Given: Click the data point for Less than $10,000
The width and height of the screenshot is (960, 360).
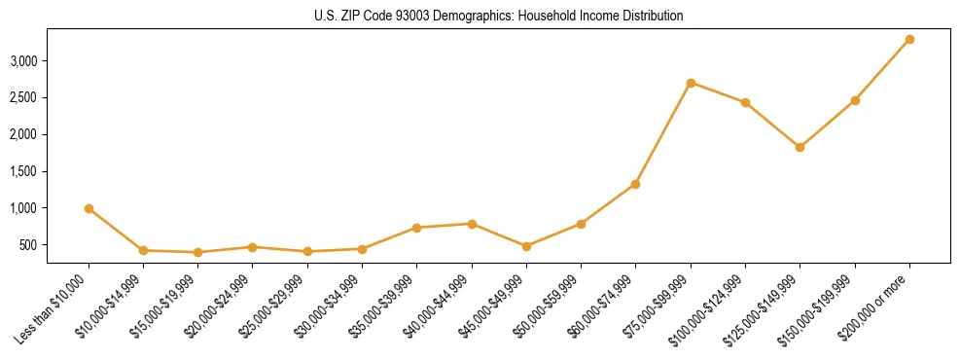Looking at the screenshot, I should click(x=89, y=208).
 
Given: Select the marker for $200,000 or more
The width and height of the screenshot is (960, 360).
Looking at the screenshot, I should click(x=909, y=39).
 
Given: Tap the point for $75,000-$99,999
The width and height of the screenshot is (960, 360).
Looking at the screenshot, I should click(x=691, y=83).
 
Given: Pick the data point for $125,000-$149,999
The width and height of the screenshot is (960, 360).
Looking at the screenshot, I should click(x=800, y=147).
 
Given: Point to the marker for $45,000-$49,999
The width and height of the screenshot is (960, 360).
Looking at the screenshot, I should click(x=526, y=246).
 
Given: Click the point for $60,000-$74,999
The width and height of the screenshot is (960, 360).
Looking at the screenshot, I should click(x=635, y=184).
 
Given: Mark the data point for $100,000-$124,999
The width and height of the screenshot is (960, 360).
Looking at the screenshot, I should click(x=745, y=102).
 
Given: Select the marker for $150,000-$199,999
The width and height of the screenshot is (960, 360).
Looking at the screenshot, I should click(x=855, y=100).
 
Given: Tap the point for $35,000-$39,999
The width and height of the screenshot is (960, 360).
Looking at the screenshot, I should click(x=416, y=228).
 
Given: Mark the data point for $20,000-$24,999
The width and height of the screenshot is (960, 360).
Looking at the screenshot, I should click(x=252, y=247).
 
